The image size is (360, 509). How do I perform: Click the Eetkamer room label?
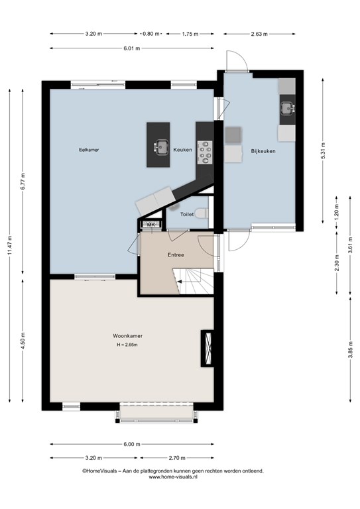point(89,150)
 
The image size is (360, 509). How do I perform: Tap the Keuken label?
point(182,150)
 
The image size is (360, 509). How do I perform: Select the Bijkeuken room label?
point(263,151)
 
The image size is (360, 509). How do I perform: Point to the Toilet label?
point(187,214)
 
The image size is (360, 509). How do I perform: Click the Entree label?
point(176,254)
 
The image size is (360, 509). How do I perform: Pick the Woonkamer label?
point(127,336)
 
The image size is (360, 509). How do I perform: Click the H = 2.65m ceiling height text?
point(127,345)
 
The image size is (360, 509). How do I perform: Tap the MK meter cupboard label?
point(151,224)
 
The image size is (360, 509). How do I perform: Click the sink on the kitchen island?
point(161,146)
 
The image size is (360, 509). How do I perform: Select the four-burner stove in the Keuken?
point(205,152)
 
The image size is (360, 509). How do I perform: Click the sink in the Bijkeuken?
point(288,108)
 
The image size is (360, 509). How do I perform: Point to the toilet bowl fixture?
point(202,213)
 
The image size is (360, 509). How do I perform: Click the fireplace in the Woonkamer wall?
point(208,349)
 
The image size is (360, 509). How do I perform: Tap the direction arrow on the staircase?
point(179,282)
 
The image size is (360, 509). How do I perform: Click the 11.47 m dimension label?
point(9,246)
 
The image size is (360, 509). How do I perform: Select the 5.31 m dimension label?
point(323,151)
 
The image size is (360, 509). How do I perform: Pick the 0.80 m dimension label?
point(151,34)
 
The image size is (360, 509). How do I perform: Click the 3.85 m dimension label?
point(350,350)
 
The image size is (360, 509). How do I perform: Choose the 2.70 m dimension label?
point(177,458)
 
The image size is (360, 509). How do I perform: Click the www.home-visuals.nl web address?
point(173,477)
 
